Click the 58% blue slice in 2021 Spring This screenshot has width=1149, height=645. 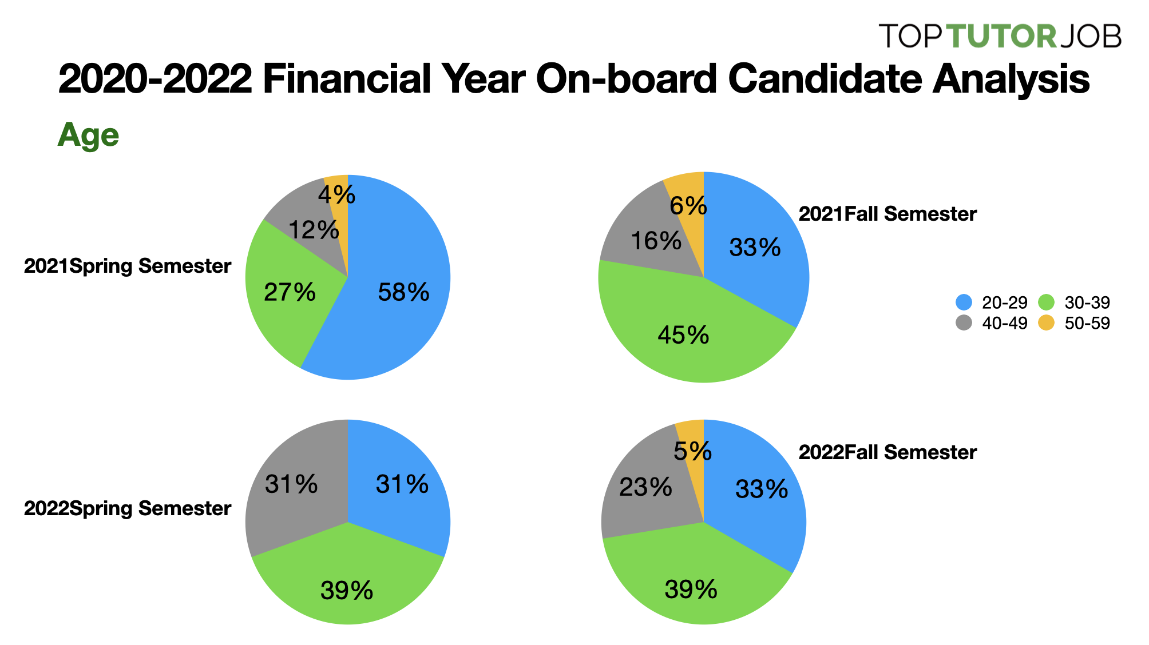click(403, 292)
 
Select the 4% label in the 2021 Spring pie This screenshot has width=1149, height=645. click(336, 195)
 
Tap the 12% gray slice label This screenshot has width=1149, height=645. click(314, 230)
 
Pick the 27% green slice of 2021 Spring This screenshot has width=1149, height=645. click(290, 292)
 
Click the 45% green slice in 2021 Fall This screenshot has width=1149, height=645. click(683, 335)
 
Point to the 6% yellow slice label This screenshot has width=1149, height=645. click(688, 206)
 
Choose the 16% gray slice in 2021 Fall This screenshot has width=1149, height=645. click(656, 241)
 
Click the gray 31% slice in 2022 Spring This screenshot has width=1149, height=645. click(291, 485)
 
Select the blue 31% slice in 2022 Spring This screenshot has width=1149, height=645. click(402, 485)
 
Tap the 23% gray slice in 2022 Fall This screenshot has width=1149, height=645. click(645, 487)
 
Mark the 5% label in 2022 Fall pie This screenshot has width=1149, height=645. click(692, 452)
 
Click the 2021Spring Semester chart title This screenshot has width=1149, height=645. click(128, 266)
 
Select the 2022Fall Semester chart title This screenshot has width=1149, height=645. click(887, 452)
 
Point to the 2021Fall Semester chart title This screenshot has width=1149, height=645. click(887, 214)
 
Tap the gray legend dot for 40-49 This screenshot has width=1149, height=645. click(964, 323)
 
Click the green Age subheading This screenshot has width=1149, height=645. click(88, 136)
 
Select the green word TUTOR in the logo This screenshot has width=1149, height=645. click(1001, 36)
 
